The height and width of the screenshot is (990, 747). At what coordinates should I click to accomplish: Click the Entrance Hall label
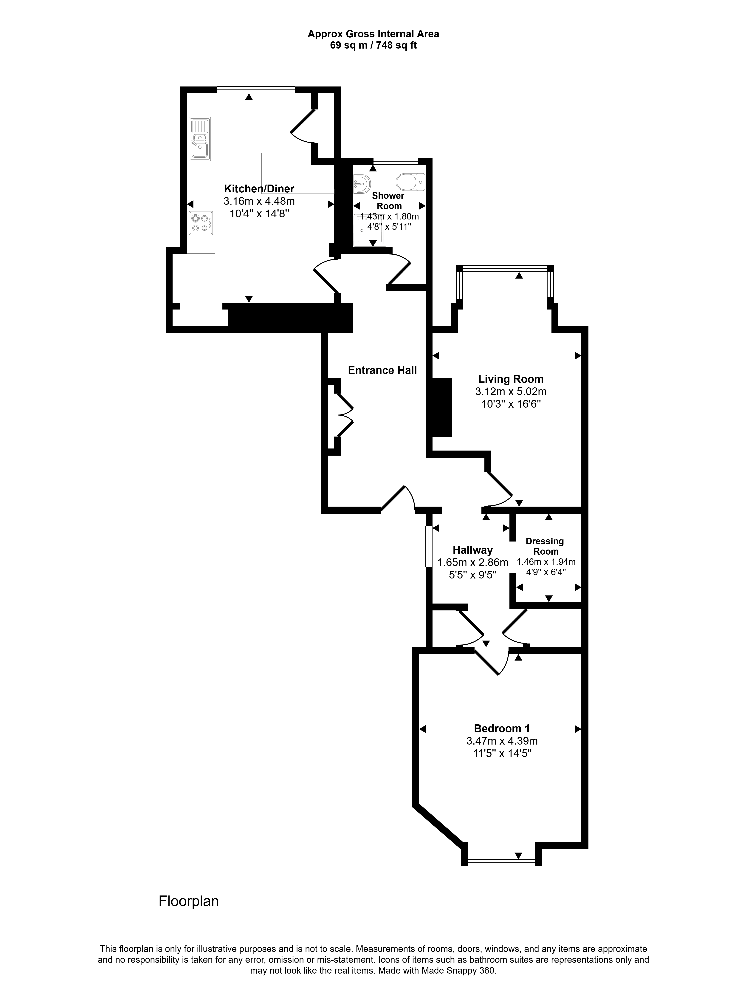pyautogui.click(x=382, y=370)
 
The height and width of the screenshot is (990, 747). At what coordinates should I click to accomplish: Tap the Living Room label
pyautogui.click(x=511, y=379)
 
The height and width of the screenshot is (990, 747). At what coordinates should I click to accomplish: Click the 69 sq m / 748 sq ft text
pyautogui.click(x=373, y=45)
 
